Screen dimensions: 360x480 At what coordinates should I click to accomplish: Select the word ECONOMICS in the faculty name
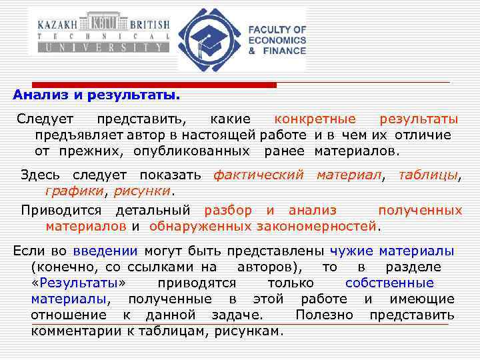277,40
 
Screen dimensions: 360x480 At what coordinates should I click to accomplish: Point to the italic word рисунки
143,191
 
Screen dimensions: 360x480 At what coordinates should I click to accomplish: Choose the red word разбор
228,211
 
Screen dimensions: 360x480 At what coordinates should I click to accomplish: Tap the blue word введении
105,251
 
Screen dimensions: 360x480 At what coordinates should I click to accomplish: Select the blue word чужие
351,251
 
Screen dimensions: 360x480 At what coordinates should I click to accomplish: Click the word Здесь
40,175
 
